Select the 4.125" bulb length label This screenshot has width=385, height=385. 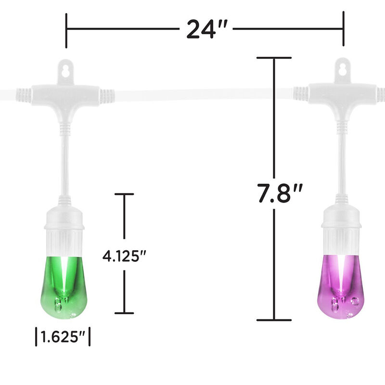coord(124,255)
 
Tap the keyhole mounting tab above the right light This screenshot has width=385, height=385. coord(343,69)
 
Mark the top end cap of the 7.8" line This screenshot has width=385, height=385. coord(274,58)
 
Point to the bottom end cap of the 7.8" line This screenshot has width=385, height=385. coord(274,320)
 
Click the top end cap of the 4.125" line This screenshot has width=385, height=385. coord(124,194)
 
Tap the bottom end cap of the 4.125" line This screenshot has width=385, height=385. coord(124,313)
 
